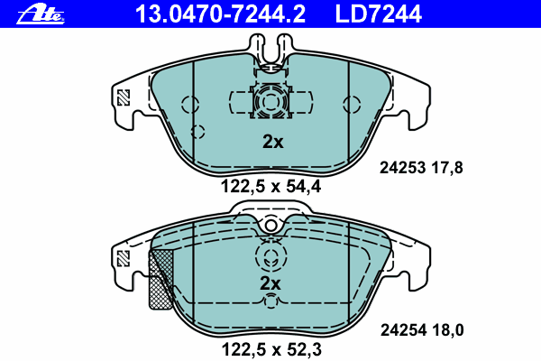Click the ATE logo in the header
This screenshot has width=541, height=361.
pyautogui.click(x=41, y=14)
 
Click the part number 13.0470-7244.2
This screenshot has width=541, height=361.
pyautogui.click(x=220, y=14)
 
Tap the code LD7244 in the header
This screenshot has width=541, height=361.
pyautogui.click(x=379, y=14)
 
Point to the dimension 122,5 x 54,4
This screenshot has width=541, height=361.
pyautogui.click(x=270, y=187)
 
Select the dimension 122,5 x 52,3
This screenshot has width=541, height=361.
pyautogui.click(x=271, y=349)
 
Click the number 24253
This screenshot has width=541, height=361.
pyautogui.click(x=402, y=168)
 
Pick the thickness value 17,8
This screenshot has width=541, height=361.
pyautogui.click(x=447, y=168)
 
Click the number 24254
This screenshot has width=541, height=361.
pyautogui.click(x=403, y=330)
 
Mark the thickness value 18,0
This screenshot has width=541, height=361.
pyautogui.click(x=448, y=330)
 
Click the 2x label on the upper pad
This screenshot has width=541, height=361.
pyautogui.click(x=273, y=142)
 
